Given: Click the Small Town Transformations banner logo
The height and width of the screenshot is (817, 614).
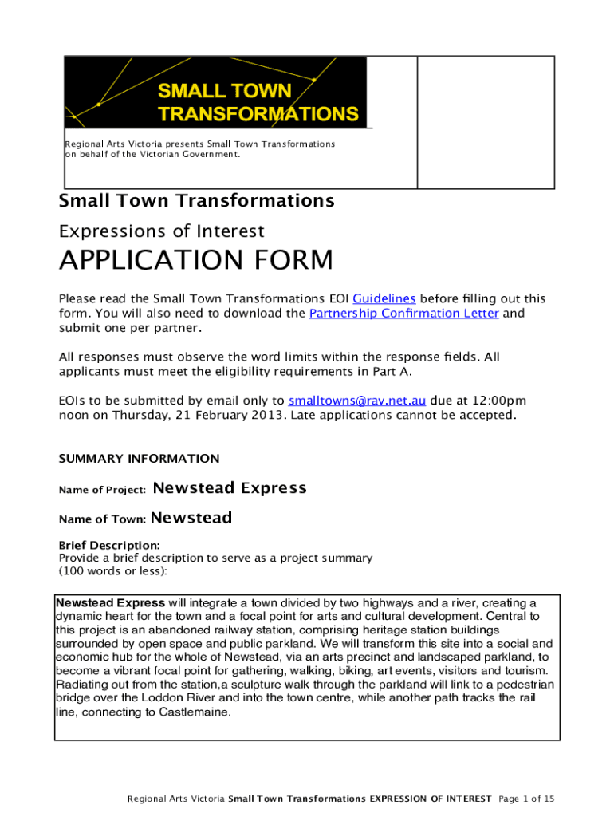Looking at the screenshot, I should click(x=216, y=92).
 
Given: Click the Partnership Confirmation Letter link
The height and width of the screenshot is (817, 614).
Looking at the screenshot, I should click(x=403, y=313).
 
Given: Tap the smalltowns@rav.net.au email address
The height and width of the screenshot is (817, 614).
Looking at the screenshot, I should click(x=357, y=401).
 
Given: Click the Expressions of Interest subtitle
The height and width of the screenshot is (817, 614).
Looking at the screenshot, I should click(x=162, y=231).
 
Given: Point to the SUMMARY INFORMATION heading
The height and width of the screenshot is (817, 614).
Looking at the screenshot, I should click(x=140, y=459).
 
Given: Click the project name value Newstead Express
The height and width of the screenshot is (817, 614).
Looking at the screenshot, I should click(x=229, y=488).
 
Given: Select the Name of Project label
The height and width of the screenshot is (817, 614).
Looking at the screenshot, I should click(x=102, y=490).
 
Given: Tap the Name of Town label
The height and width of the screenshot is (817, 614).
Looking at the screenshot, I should click(x=103, y=519).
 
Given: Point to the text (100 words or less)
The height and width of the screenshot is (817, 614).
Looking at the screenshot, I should click(x=113, y=571).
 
